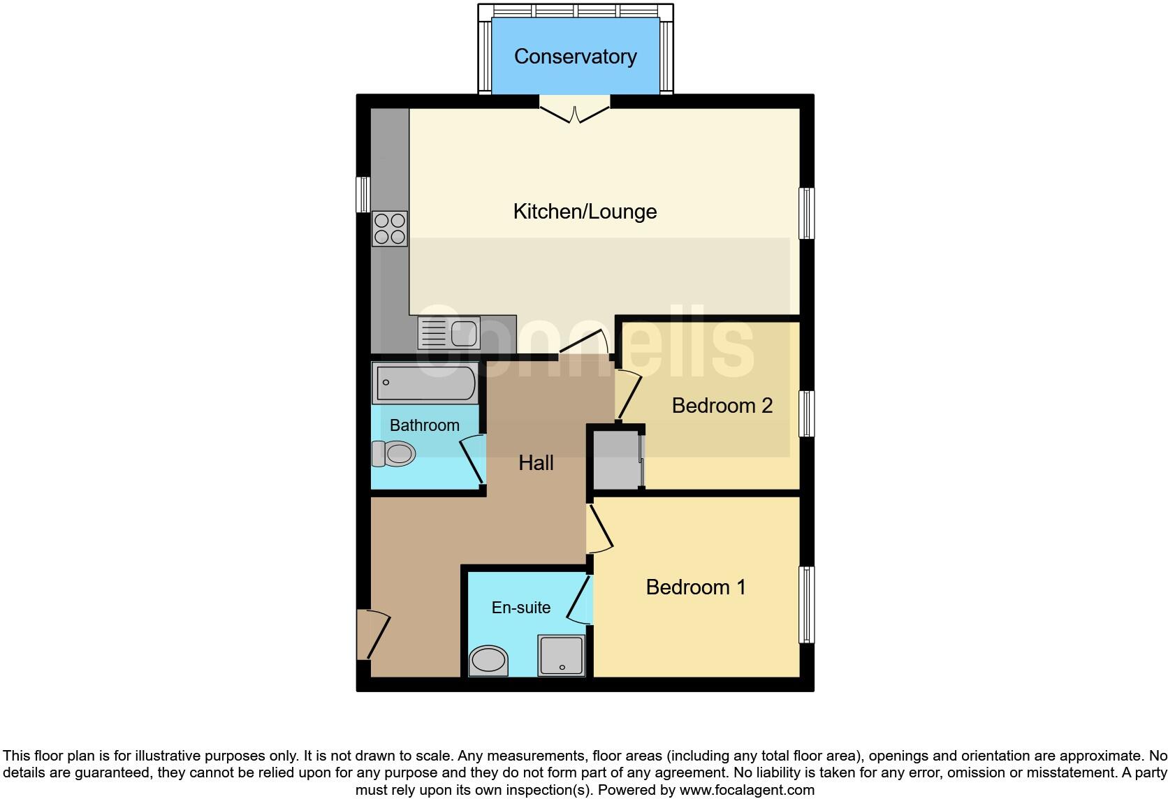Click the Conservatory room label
point(575,57)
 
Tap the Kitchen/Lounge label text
point(585,212)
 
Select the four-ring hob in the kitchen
point(390,228)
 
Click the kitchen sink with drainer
point(448,332)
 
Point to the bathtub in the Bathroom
point(425,383)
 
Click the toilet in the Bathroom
point(393,454)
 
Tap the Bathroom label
point(424,425)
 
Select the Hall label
point(536,462)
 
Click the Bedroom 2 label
point(722,406)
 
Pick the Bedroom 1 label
point(696,587)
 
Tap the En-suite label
point(521,608)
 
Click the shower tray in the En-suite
point(561,655)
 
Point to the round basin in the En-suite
point(488,660)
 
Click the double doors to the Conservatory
point(575,112)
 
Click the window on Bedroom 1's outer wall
point(807,604)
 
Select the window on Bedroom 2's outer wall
point(807,413)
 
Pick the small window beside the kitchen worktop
point(363,194)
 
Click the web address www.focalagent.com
point(747,791)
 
